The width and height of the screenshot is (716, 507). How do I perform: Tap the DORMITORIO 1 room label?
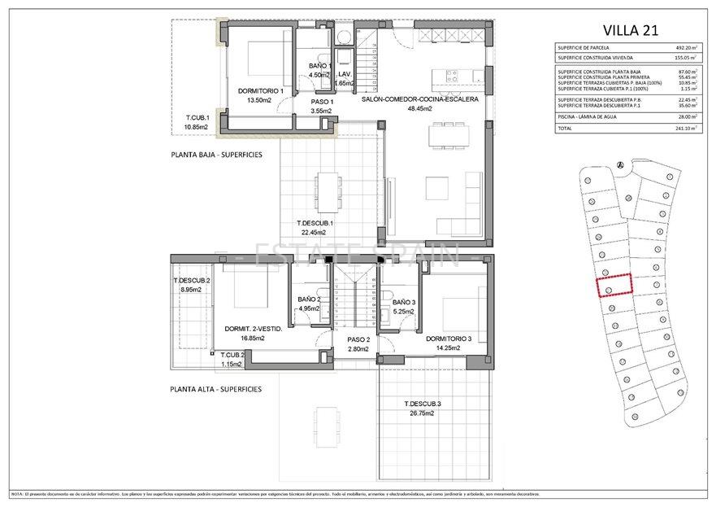(x=260, y=90)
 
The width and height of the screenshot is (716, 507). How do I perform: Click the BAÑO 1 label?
(x=320, y=67)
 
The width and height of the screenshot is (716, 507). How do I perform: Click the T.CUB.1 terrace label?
(x=197, y=117)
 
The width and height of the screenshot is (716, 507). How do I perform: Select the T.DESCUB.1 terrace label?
(x=315, y=223)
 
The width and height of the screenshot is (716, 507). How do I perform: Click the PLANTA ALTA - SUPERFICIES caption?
(x=216, y=389)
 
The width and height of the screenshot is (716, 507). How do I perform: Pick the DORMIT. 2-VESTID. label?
(x=253, y=329)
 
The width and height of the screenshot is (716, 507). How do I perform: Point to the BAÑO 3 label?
(x=403, y=302)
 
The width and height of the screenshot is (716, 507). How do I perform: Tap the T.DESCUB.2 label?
(x=192, y=281)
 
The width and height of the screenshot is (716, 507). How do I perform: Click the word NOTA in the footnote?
(x=17, y=494)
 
